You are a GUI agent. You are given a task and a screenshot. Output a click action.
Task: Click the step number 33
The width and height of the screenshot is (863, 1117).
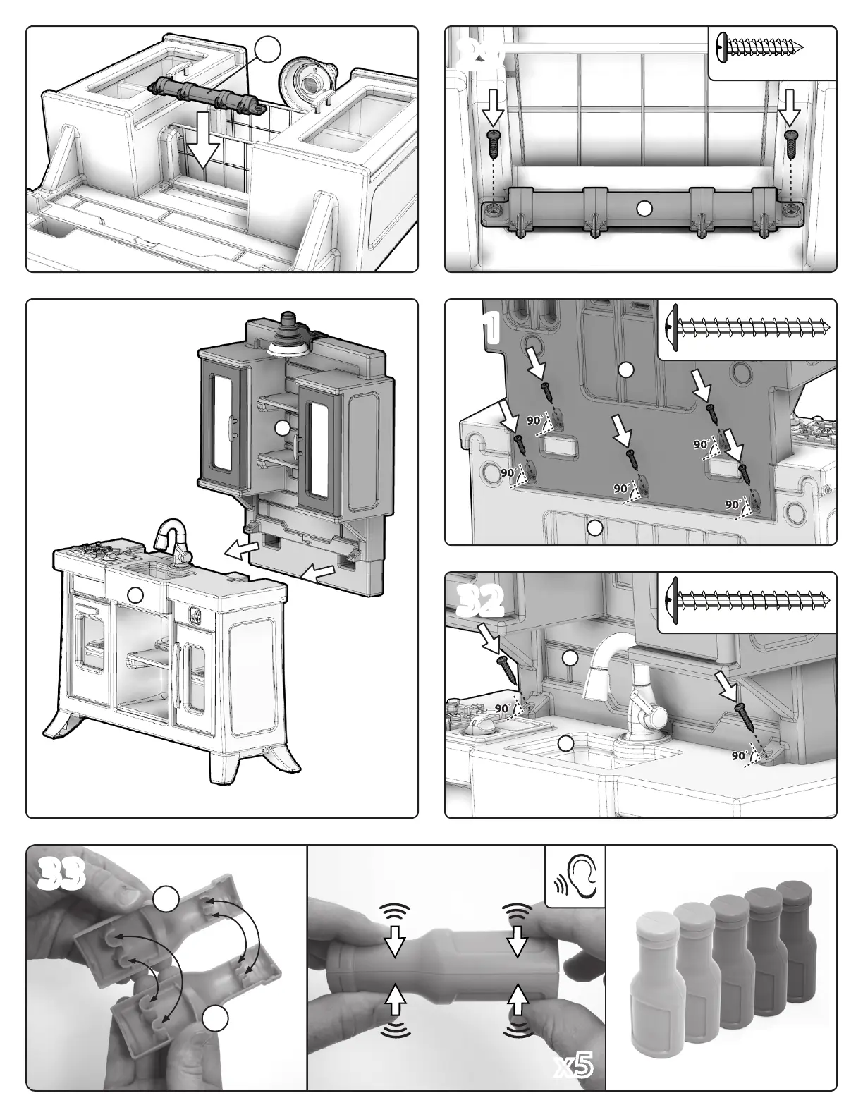click(62, 874)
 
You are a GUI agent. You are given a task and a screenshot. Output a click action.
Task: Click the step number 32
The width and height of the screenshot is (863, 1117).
click(480, 601)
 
